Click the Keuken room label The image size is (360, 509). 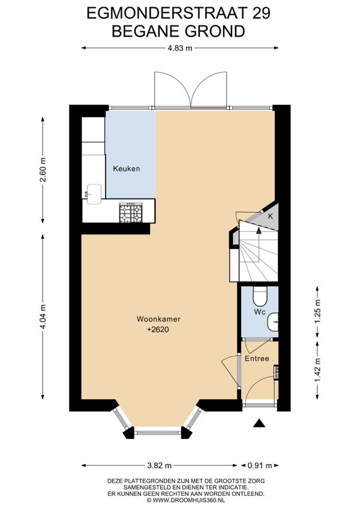(x=127, y=169)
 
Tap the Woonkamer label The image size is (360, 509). (x=158, y=319)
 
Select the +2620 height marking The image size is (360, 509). (x=158, y=330)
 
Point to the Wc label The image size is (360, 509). (x=260, y=312)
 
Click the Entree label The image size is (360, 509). (x=257, y=359)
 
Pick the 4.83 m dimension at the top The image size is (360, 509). (x=180, y=48)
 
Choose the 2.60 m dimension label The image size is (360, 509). (x=43, y=170)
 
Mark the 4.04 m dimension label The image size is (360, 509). (x=43, y=316)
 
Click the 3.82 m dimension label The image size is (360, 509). (x=160, y=466)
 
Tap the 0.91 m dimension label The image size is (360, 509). (x=260, y=466)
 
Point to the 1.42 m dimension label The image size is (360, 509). (x=317, y=370)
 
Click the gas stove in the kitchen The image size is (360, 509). (x=131, y=212)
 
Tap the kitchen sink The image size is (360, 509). (x=94, y=194)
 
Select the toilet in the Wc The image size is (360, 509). (x=260, y=296)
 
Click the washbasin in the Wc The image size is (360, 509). (x=272, y=322)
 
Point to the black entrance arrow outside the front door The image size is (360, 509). (x=259, y=423)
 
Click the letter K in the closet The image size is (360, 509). (x=271, y=217)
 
